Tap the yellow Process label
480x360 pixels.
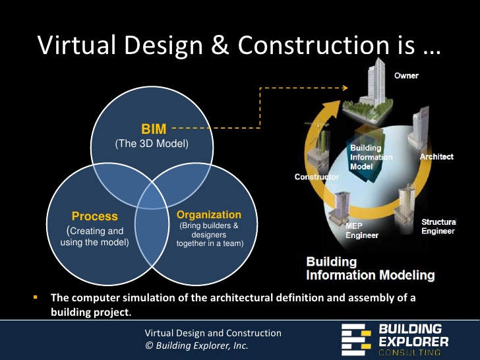coord(94,216)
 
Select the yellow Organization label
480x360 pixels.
coord(209,215)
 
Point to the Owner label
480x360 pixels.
coord(406,76)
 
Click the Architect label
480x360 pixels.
coord(436,157)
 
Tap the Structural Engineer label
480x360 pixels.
coord(438,226)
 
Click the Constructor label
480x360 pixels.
coord(317,177)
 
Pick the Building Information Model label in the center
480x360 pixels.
coord(370,158)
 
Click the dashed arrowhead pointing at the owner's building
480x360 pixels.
coord(345,86)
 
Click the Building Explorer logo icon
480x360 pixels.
coord(357,338)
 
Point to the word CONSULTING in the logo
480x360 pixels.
coord(414,352)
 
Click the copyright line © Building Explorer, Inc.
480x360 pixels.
coord(196,345)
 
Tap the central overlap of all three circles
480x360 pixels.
coord(152,198)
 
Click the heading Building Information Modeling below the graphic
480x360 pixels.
coord(370,268)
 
